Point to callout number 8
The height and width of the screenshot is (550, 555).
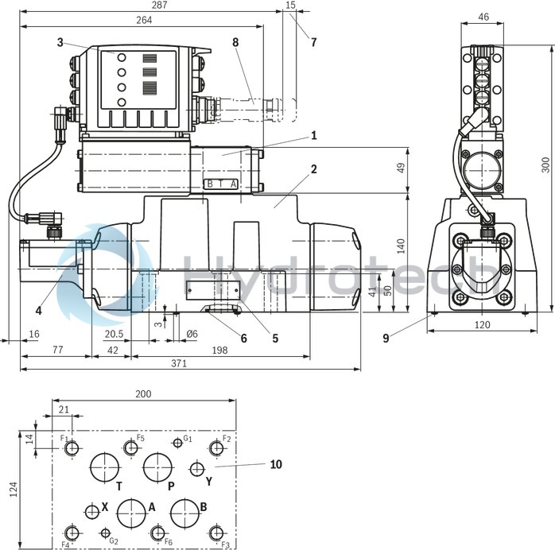pyautogui.click(x=235, y=41)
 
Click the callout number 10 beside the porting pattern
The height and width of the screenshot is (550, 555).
pyautogui.click(x=275, y=463)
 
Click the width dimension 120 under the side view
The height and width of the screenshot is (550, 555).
pyautogui.click(x=482, y=325)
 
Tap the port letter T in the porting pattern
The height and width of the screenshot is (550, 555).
pyautogui.click(x=119, y=486)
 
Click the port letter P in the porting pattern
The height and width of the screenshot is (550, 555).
pyautogui.click(x=171, y=486)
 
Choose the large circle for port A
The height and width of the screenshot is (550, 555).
pyautogui.click(x=130, y=513)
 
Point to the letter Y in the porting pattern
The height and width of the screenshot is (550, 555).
pyautogui.click(x=209, y=481)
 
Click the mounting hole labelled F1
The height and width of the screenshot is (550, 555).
pyautogui.click(x=72, y=449)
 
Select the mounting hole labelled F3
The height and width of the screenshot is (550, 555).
pyautogui.click(x=215, y=533)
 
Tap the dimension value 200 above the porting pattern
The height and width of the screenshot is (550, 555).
pyautogui.click(x=143, y=394)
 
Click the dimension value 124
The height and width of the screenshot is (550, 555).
pyautogui.click(x=13, y=490)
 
